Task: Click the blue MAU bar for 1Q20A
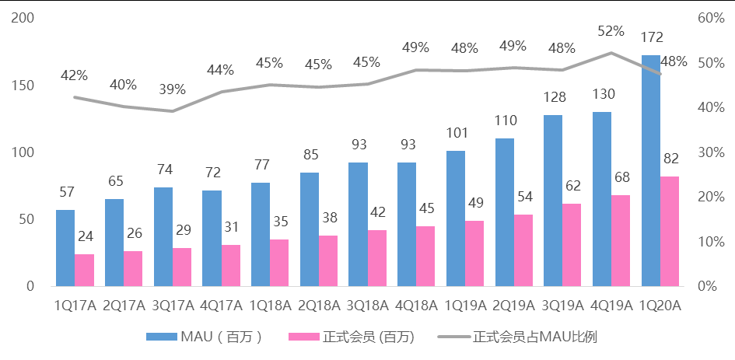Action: pyautogui.click(x=650, y=170)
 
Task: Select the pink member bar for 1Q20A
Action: pyautogui.click(x=670, y=231)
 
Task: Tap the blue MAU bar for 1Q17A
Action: pyautogui.click(x=65, y=247)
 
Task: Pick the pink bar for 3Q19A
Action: pyautogui.click(x=572, y=244)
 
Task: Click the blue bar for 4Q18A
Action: pyautogui.click(x=407, y=224)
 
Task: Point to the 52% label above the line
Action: pyautogui.click(x=611, y=31)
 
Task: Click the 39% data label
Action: pyautogui.click(x=172, y=89)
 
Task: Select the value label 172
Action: pyautogui.click(x=651, y=37)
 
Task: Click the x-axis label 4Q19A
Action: pyautogui.click(x=611, y=306)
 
